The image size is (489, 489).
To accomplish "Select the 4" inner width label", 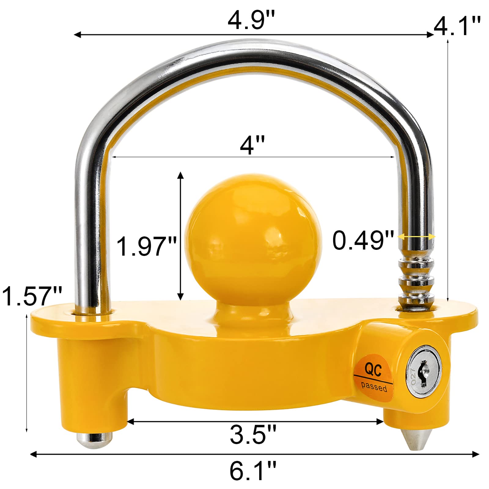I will [x=252, y=145].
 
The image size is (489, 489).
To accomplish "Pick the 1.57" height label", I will [x=32, y=296].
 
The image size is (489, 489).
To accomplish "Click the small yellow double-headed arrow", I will [x=416, y=236].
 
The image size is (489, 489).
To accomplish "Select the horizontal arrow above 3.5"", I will [x=255, y=421].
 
